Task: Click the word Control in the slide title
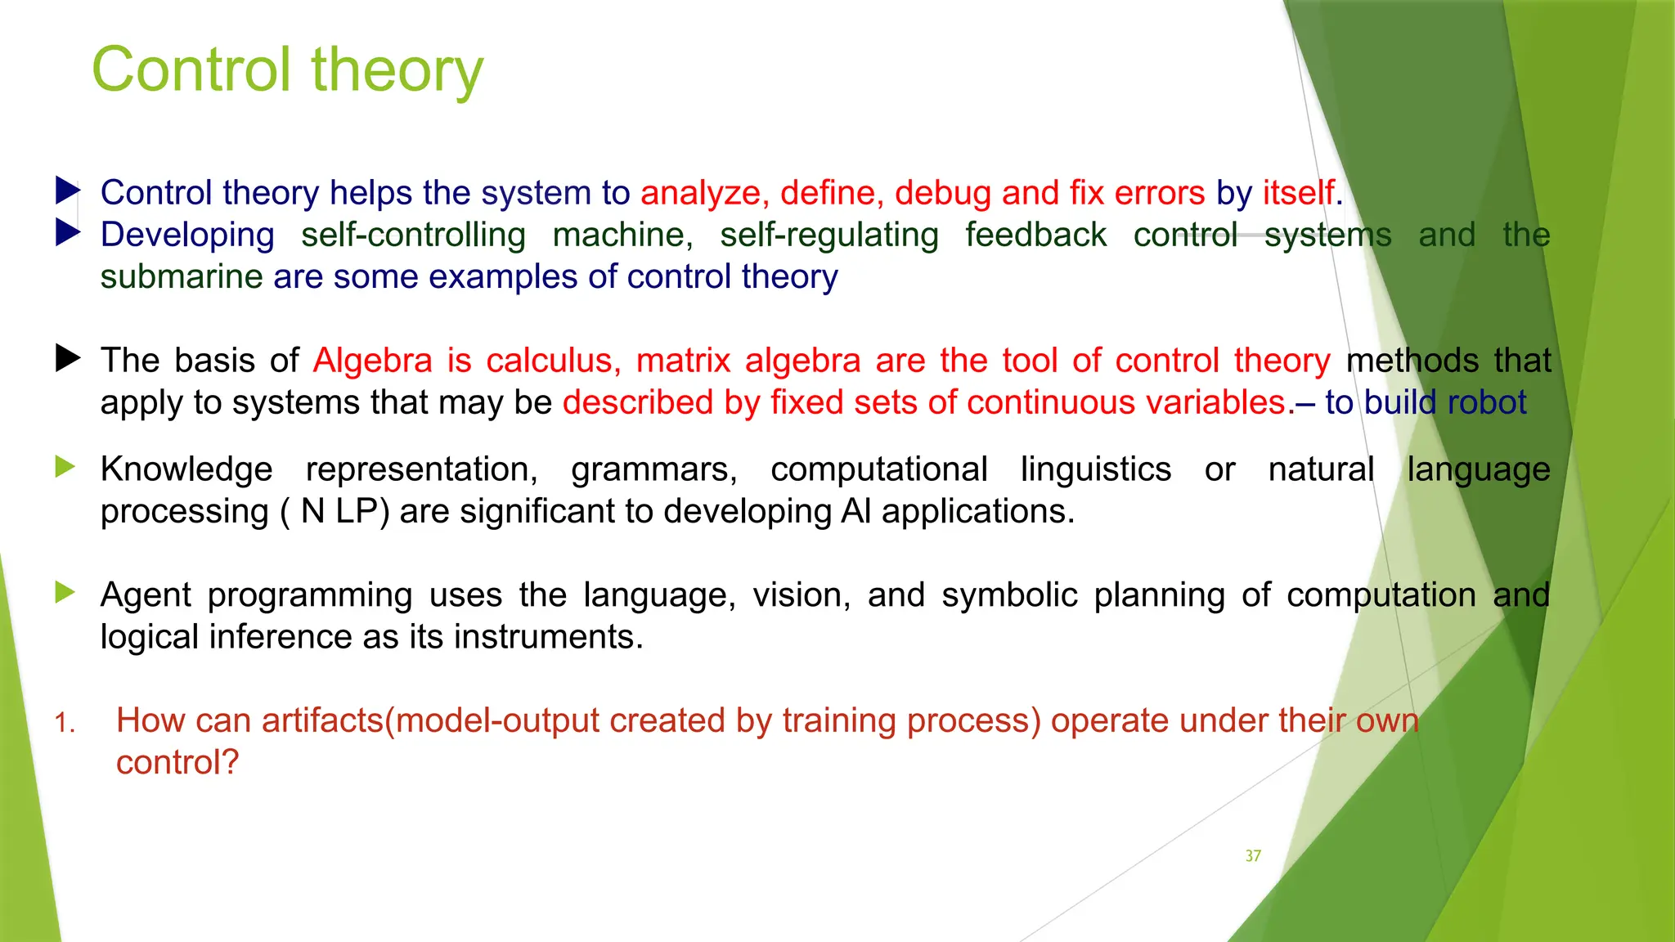click(191, 70)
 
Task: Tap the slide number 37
click(1252, 856)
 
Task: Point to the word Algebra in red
click(372, 361)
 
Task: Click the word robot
click(1486, 403)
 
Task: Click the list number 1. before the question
click(65, 724)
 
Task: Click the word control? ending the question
click(177, 763)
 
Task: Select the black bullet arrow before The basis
click(67, 358)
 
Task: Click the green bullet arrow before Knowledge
click(65, 468)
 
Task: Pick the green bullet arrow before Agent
click(65, 593)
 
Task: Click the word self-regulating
click(829, 235)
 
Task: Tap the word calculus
click(553, 361)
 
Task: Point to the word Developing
click(187, 235)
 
